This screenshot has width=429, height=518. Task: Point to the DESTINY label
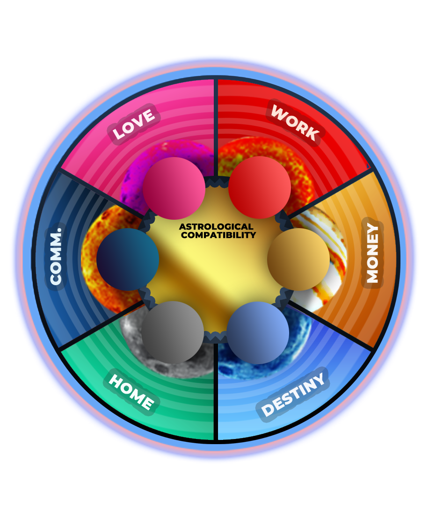[293, 395]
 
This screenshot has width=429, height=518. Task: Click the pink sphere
[174, 188]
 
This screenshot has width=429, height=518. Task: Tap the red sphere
[260, 187]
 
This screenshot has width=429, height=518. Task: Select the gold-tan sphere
[298, 259]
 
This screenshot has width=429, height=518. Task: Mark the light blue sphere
[258, 332]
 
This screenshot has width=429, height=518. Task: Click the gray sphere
[173, 332]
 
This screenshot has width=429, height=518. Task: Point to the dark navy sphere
[128, 259]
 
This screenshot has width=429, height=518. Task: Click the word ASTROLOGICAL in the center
[216, 227]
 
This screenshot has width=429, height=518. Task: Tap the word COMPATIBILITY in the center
[218, 235]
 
